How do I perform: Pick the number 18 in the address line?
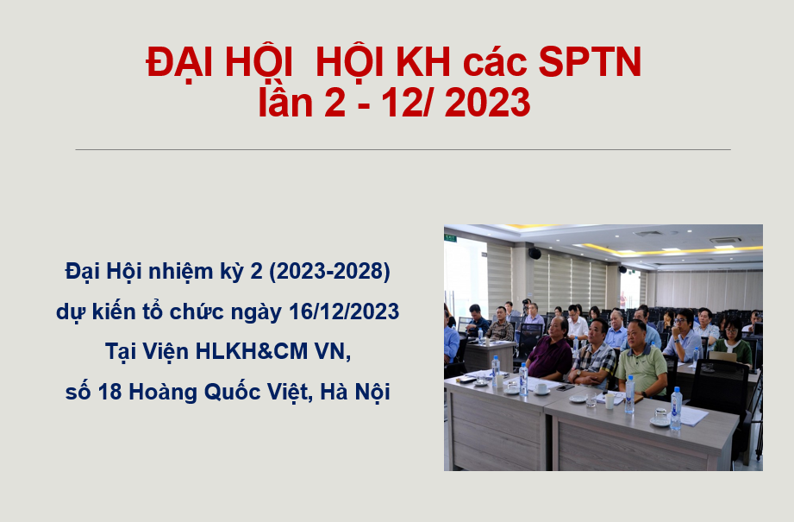110,393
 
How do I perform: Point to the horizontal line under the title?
403,149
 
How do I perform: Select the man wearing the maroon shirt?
550,350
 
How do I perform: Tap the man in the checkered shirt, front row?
595,355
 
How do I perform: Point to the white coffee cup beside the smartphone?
541,388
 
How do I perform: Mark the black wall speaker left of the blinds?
535,253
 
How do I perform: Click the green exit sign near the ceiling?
450,236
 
